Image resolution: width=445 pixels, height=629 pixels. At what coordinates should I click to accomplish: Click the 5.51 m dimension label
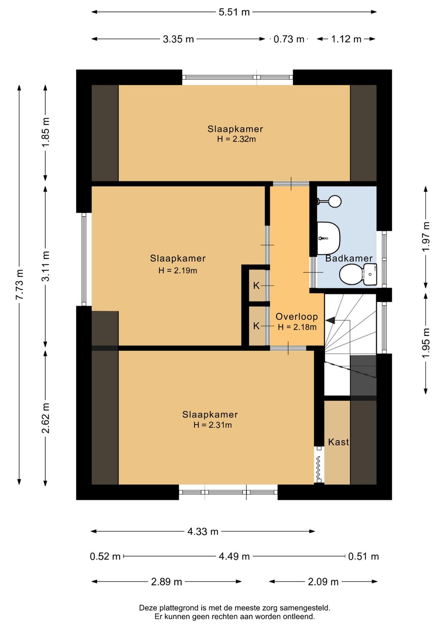click(234, 12)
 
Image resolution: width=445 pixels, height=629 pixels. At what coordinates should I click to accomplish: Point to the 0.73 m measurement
click(289, 39)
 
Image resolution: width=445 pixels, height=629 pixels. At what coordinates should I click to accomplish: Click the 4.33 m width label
click(203, 531)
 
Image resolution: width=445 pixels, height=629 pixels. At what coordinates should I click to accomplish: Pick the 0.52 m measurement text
click(105, 556)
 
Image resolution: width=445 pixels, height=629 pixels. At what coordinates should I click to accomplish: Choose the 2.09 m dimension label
click(323, 582)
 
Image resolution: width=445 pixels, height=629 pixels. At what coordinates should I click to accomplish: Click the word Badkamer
click(349, 258)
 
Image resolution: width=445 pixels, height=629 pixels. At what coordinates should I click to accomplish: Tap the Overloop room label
click(297, 317)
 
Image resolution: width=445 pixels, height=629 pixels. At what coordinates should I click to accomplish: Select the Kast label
click(339, 442)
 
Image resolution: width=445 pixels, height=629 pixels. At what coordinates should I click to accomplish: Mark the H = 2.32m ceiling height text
click(237, 139)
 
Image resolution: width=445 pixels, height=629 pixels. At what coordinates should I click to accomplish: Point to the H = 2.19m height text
click(178, 270)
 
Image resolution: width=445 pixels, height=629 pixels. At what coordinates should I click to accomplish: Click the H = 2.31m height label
click(213, 425)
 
